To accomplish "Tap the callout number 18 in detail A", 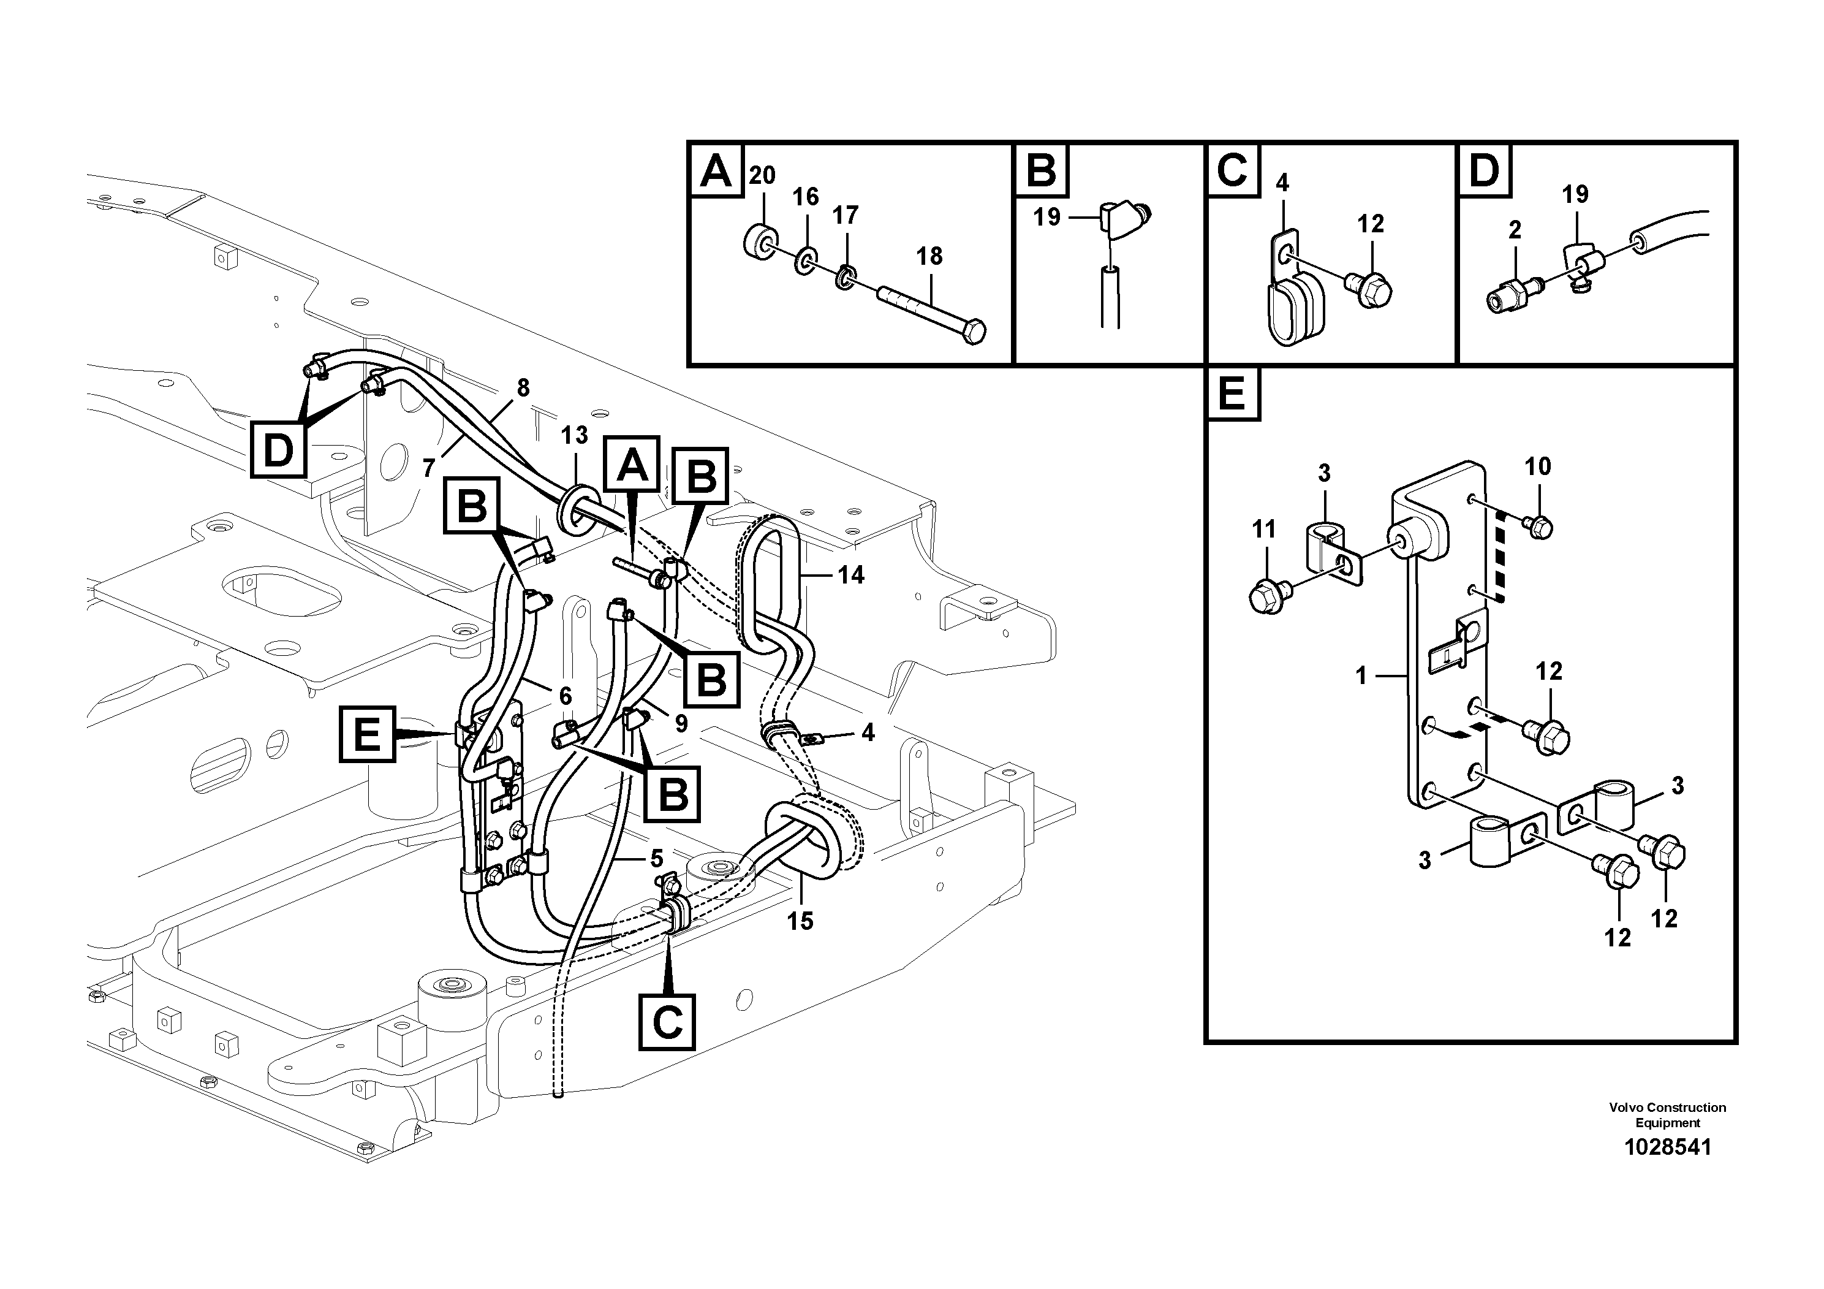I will click(x=929, y=256).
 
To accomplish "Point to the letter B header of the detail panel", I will click(x=1042, y=170).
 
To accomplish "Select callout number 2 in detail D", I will click(x=1515, y=230).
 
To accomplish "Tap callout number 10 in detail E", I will click(x=1537, y=466).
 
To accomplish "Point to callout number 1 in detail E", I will click(x=1361, y=676).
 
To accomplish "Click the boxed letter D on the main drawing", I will click(x=278, y=451).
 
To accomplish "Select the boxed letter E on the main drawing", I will click(x=367, y=734).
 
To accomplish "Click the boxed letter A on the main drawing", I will click(x=632, y=464).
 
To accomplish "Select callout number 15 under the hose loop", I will click(x=800, y=921).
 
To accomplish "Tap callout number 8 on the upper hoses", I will click(x=523, y=388).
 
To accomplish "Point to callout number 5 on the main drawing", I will click(x=656, y=858).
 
